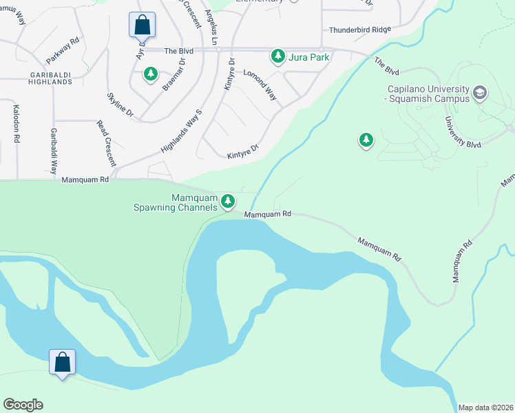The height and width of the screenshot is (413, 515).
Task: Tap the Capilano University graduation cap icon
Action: pos(480,92)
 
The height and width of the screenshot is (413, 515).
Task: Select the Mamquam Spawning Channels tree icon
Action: pos(228,202)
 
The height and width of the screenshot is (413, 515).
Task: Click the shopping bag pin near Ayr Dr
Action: pos(142,25)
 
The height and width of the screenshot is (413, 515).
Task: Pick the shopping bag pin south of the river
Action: pos(62,362)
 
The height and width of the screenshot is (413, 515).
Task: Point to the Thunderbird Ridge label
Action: pos(359,30)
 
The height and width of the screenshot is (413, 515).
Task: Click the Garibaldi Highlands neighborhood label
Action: pos(41,78)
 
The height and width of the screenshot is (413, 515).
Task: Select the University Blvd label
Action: pos(463,132)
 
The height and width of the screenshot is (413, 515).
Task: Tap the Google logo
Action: pos(23,405)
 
